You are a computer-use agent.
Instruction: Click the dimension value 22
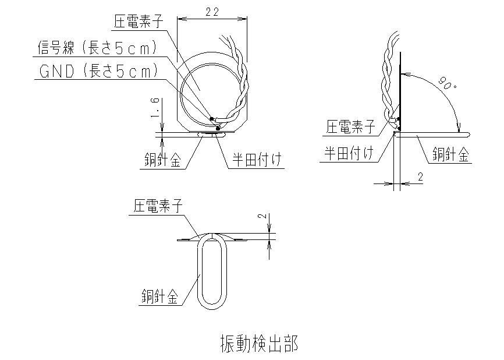point(212,12)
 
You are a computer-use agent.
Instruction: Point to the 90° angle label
point(448,83)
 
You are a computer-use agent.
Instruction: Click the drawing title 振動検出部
point(259,343)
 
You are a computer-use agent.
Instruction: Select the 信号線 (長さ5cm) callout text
point(97,48)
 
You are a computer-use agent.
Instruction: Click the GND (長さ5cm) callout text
point(99,71)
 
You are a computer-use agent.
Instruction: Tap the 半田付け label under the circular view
point(257,160)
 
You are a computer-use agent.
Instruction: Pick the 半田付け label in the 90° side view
point(349,153)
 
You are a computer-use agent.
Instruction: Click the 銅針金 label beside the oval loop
point(159,297)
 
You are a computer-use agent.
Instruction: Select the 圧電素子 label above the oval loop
point(158,205)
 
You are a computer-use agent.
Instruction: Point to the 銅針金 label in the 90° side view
point(450,154)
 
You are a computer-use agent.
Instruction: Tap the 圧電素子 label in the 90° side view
point(351,126)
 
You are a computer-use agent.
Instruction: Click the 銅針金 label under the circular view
point(162,160)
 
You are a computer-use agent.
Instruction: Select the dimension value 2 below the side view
point(420,177)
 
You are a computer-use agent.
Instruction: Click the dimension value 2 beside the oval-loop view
point(264,216)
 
